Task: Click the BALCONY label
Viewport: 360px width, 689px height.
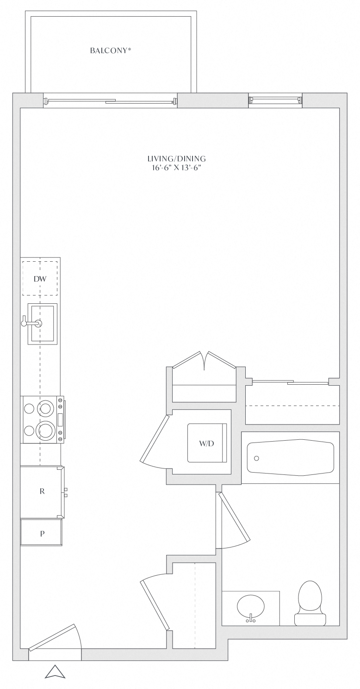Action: [108, 51]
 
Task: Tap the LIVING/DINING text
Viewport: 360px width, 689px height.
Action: [176, 159]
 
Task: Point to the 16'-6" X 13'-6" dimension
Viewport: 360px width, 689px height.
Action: [176, 168]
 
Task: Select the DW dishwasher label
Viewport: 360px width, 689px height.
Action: [40, 279]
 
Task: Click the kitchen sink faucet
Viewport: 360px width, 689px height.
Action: [31, 323]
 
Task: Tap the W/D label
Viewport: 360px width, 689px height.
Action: [206, 443]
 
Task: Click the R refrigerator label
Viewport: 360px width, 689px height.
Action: [42, 491]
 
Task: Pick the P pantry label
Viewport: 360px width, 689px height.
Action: [42, 534]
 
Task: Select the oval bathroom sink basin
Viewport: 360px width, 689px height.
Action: [251, 607]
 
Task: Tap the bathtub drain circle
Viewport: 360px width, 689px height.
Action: [257, 458]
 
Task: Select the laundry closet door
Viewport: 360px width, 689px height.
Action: [155, 438]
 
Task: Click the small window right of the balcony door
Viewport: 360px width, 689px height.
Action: [275, 100]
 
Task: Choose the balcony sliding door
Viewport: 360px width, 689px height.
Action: [110, 101]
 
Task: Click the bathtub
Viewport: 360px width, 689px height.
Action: [291, 457]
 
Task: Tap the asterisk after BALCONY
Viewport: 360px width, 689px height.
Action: [129, 49]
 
